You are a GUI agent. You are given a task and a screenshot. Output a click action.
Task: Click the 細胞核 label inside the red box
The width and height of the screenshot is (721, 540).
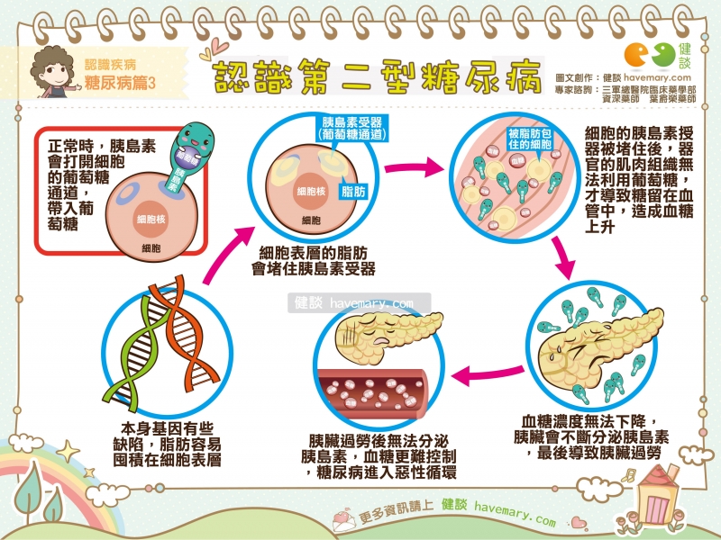click(148, 218)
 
